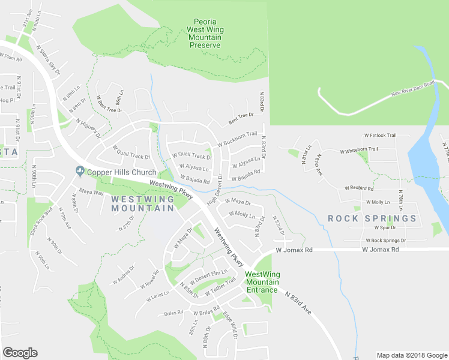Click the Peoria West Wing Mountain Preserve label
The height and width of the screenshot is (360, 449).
[x=205, y=33]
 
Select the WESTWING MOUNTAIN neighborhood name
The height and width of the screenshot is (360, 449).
[x=142, y=203]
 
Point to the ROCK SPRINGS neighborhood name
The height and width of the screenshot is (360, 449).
[x=372, y=218]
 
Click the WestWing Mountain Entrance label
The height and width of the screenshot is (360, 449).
[x=262, y=282]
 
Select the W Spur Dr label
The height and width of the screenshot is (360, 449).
[x=384, y=228]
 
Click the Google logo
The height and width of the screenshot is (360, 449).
[x=20, y=353]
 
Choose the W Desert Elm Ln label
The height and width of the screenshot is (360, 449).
[x=208, y=275]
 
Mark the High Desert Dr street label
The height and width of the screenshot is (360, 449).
[x=215, y=190]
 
